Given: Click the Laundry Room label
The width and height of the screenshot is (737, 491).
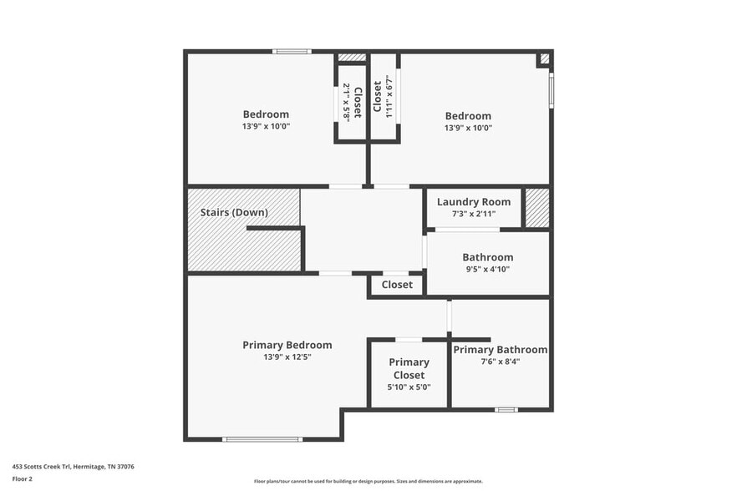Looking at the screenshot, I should click(x=473, y=202).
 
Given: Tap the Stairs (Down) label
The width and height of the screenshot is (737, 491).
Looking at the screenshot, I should click(x=234, y=212).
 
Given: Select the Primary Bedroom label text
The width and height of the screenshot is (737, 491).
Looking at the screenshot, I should click(x=287, y=345).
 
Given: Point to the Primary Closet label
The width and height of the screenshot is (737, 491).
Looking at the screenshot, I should click(x=409, y=368).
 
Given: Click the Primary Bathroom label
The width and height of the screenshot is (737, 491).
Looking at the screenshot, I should click(x=500, y=350).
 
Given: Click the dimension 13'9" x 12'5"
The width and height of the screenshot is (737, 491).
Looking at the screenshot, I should click(x=287, y=357).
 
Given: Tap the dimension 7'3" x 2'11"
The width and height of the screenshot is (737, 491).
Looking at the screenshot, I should click(x=473, y=214).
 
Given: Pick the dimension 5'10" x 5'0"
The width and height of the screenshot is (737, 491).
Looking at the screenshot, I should click(x=409, y=387).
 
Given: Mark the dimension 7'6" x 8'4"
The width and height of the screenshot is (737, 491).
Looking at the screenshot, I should click(x=500, y=362).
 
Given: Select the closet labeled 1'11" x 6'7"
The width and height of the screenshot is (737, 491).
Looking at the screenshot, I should click(x=383, y=98).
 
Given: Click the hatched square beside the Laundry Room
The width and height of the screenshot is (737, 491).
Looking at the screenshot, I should click(x=536, y=208).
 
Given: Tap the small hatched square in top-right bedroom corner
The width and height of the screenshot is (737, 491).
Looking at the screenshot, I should click(x=544, y=59).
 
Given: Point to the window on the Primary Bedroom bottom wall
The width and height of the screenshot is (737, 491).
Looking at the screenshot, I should click(x=262, y=439).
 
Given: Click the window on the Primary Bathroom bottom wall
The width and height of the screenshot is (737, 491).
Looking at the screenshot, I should click(x=506, y=409).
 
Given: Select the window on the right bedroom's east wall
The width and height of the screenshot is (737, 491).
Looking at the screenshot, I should click(x=551, y=90).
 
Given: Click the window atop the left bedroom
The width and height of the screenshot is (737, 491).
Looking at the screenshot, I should click(x=292, y=52).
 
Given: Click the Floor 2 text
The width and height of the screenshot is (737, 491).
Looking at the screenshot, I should click(x=23, y=479).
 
